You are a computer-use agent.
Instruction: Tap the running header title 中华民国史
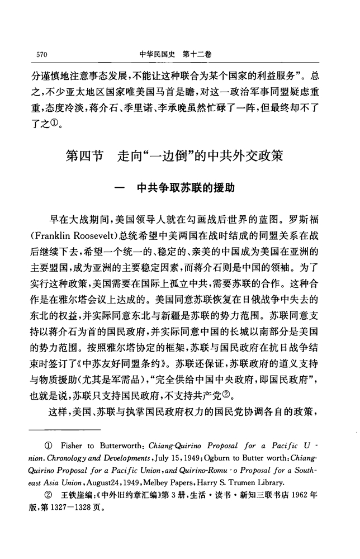(x=157, y=54)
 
